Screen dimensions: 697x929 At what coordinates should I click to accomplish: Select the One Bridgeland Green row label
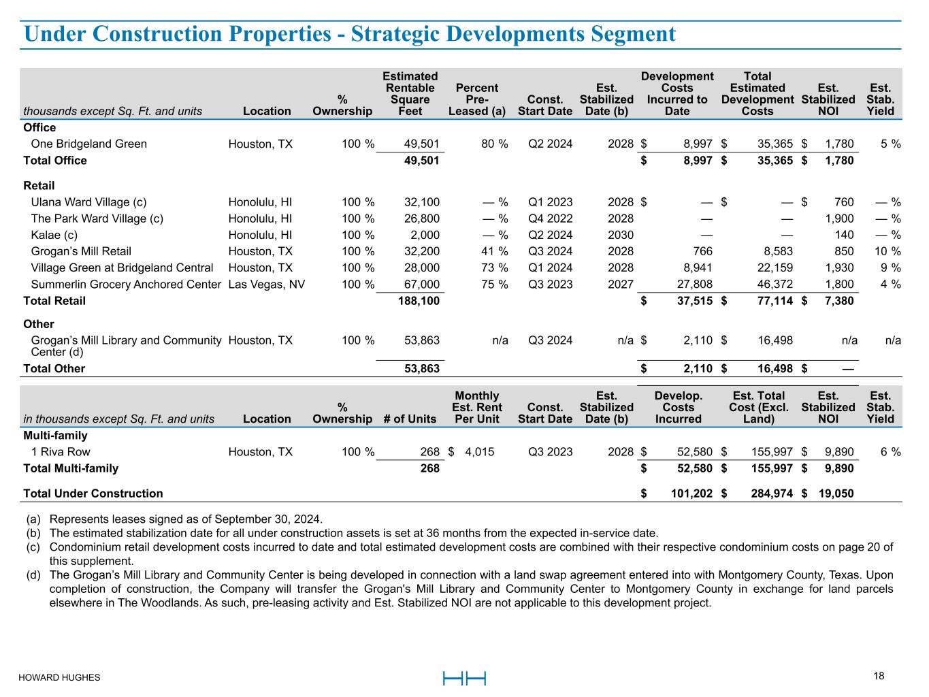click(89, 144)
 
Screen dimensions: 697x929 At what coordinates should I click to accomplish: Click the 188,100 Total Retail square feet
click(419, 301)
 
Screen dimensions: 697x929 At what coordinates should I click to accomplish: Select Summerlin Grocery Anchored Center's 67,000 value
click(423, 285)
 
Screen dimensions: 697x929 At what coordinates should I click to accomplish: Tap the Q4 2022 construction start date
click(550, 218)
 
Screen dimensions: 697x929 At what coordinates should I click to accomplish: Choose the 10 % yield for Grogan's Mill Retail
click(887, 251)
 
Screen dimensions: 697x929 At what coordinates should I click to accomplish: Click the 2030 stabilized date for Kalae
click(620, 235)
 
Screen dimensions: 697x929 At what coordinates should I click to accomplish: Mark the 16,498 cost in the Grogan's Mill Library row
click(775, 340)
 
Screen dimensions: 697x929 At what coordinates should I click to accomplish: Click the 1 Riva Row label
click(61, 452)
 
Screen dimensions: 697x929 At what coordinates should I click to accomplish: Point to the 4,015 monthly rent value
click(480, 452)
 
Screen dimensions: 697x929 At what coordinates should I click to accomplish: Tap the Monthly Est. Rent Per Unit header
click(476, 407)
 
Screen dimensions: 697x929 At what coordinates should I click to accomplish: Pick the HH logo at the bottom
click(464, 678)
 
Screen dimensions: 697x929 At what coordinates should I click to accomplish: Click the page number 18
click(879, 676)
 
